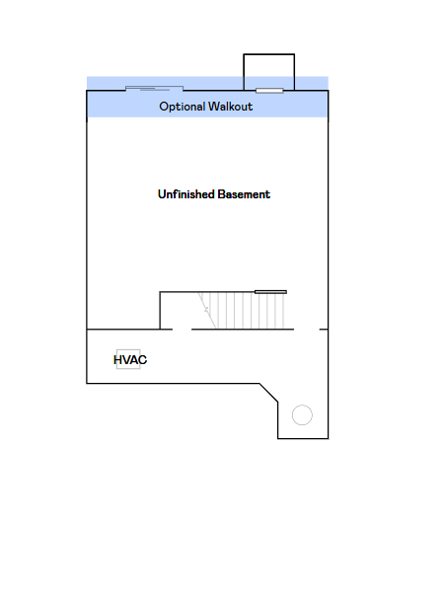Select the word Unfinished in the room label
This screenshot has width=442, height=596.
tap(186, 194)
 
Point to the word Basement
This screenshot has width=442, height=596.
tap(244, 194)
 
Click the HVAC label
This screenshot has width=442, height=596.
tap(130, 359)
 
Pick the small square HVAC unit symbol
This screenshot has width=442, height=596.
tap(128, 359)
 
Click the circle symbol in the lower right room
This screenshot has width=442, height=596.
tap(302, 415)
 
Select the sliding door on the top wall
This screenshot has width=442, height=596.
tap(154, 89)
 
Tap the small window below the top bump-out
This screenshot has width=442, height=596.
tap(269, 91)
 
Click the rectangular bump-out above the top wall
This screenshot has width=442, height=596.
tap(268, 54)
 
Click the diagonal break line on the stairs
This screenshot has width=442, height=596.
tap(207, 310)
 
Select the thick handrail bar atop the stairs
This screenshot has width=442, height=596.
tap(270, 292)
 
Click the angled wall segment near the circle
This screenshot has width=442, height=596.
tap(268, 393)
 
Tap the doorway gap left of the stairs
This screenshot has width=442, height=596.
tap(183, 330)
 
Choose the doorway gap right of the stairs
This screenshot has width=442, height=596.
tap(307, 330)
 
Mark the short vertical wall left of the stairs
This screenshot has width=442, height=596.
tap(160, 310)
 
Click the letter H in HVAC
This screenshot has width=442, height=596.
tap(117, 359)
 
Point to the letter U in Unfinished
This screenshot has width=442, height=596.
tap(162, 194)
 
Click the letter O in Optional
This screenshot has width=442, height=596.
tap(164, 106)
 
